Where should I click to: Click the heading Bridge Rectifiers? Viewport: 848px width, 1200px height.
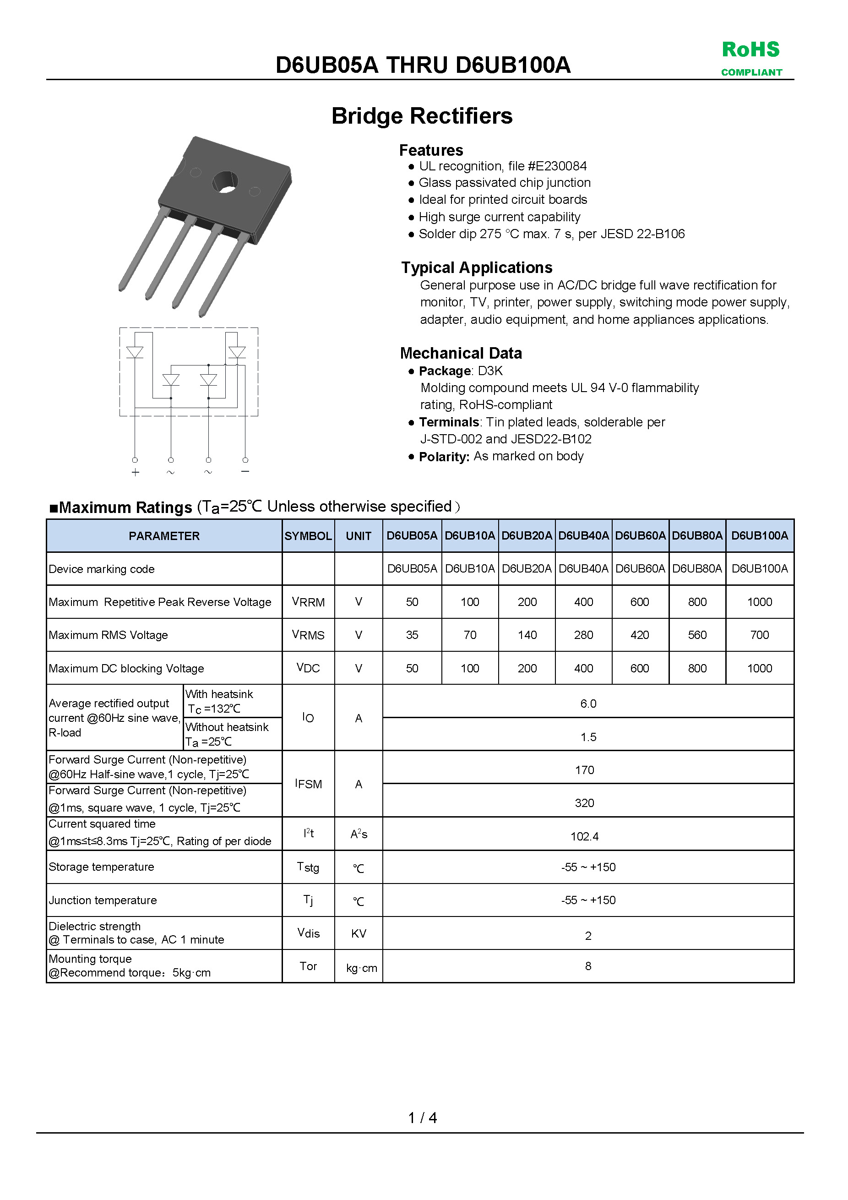click(422, 116)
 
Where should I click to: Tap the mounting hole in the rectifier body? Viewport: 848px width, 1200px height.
click(225, 182)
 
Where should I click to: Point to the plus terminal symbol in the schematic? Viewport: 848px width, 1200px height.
click(136, 473)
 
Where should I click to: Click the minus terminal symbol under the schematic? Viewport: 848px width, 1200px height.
click(245, 471)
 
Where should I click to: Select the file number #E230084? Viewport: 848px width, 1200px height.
click(557, 166)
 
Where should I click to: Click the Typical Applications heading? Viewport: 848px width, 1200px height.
click(477, 267)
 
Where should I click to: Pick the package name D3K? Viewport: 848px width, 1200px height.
click(490, 371)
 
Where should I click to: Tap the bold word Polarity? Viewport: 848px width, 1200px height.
click(444, 457)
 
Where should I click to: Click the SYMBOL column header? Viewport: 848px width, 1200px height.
click(308, 536)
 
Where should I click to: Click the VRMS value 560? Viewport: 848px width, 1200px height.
click(697, 635)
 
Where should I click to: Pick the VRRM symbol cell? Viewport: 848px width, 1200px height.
click(308, 602)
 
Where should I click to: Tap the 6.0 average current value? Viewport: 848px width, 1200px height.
click(588, 704)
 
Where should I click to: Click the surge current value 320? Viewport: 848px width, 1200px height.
click(584, 803)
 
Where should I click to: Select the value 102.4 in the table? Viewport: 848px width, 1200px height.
click(584, 836)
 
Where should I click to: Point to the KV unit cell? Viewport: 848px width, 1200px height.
click(359, 933)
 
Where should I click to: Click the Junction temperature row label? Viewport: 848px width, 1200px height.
click(103, 900)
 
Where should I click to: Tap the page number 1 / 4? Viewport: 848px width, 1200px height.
click(422, 1118)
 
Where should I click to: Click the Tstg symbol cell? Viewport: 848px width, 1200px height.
click(308, 867)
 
